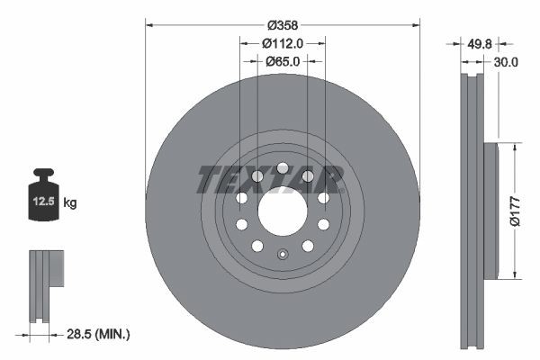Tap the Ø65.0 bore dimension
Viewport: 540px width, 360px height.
pos(283,61)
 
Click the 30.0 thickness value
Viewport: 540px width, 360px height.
pos(505,62)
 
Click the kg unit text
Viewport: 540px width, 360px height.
pos(70,202)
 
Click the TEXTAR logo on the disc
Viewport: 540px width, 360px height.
pos(270,179)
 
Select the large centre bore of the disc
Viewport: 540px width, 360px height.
pos(283,211)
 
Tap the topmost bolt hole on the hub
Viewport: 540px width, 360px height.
pos(283,167)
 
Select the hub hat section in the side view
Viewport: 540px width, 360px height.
pos(490,211)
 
